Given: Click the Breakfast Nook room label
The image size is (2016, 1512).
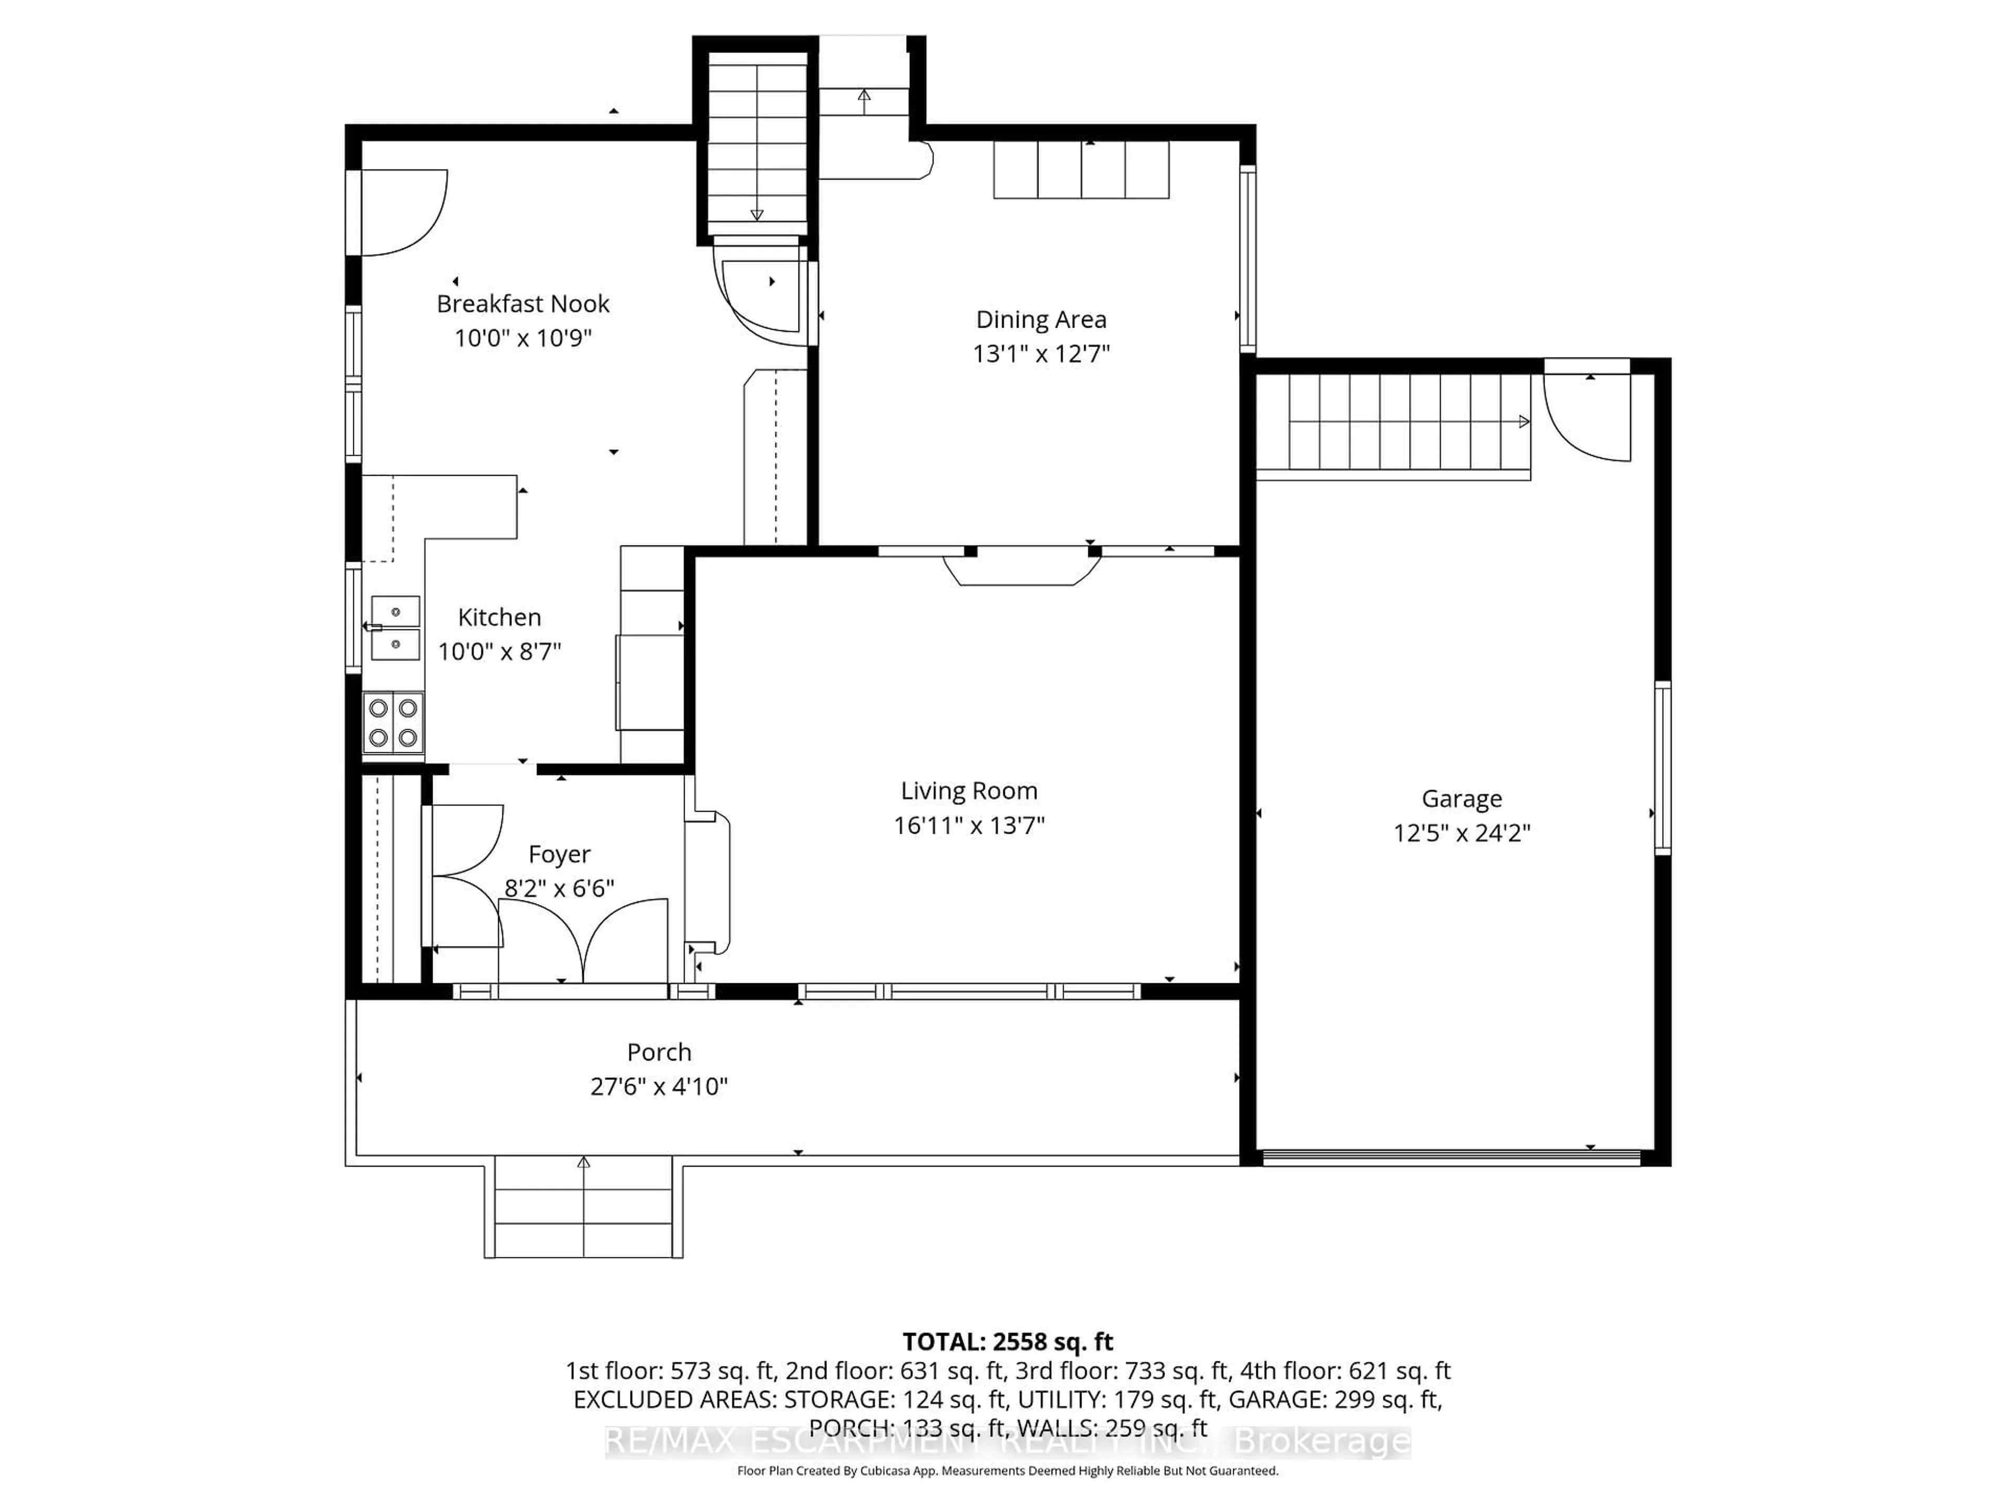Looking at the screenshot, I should pyautogui.click(x=522, y=303).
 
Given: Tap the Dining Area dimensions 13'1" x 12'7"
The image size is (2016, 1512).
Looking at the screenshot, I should pyautogui.click(x=1041, y=354).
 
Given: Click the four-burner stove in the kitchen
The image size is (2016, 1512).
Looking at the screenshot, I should pyautogui.click(x=393, y=723).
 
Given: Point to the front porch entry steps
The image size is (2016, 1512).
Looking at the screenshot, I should pyautogui.click(x=583, y=1207).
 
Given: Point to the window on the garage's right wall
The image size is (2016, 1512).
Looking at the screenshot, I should pyautogui.click(x=1662, y=768).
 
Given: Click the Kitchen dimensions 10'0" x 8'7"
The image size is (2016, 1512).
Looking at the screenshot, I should pyautogui.click(x=499, y=652).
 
